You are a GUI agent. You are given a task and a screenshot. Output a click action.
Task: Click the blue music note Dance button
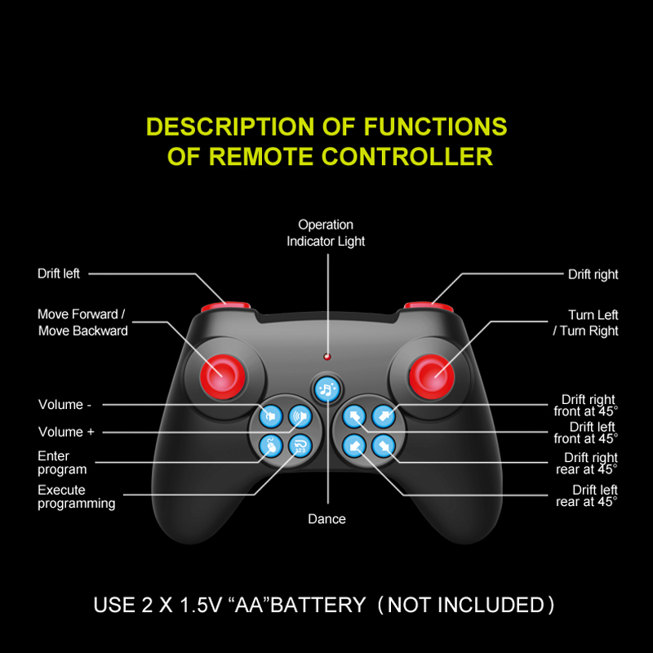326,389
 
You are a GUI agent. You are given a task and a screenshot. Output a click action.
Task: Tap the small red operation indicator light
326,357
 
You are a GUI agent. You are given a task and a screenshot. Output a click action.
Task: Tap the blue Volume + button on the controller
300,417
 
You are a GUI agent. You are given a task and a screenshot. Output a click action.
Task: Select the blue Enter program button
270,446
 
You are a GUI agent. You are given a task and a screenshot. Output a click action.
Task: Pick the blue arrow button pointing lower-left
353,446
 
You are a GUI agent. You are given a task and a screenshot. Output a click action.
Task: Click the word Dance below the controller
326,519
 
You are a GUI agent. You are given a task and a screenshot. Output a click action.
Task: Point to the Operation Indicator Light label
326,233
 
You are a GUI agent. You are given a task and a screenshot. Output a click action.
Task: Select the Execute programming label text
76,497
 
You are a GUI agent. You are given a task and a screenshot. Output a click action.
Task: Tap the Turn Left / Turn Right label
585,322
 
